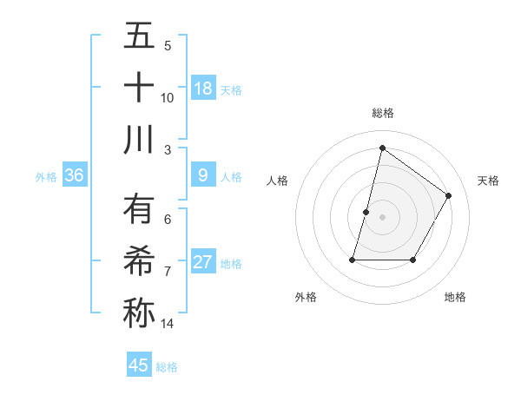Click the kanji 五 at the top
pos(139,36)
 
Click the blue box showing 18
pos(203,89)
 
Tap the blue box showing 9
pos(203,175)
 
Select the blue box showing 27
pos(203,262)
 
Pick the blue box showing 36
pos(75,175)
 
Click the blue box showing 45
pos(139,365)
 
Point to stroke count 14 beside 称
pos(168,324)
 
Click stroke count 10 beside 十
pos(168,97)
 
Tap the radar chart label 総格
pos(382,113)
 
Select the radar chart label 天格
pos(489,181)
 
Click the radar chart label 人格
pos(277,181)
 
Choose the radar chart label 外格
pos(306,297)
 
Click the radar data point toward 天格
pos(449,195)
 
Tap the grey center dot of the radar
pos(382,217)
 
